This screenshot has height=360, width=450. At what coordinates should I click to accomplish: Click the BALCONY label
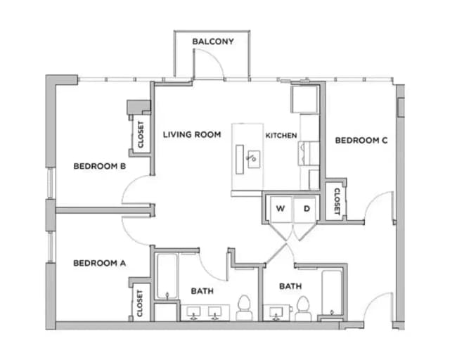212,41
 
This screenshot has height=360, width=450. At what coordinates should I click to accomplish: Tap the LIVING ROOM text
192,134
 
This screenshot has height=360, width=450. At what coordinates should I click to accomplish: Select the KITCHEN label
281,135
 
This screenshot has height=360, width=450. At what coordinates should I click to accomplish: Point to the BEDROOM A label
99,264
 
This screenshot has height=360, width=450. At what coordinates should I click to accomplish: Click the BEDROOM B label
99,167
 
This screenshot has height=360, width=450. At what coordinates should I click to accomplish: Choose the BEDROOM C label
361,141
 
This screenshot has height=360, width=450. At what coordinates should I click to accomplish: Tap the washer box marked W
280,209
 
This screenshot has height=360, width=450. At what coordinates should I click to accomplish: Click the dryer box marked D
307,209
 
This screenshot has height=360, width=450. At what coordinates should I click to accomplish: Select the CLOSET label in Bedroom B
141,134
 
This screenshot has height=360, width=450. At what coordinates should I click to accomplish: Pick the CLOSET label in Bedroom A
140,303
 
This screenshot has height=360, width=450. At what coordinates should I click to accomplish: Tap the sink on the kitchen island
252,157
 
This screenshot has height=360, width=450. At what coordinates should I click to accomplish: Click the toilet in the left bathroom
244,308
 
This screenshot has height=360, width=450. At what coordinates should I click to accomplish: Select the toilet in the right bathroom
303,308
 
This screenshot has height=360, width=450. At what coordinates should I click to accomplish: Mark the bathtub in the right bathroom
332,292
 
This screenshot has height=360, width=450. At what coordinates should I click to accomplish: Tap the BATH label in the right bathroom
290,286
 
